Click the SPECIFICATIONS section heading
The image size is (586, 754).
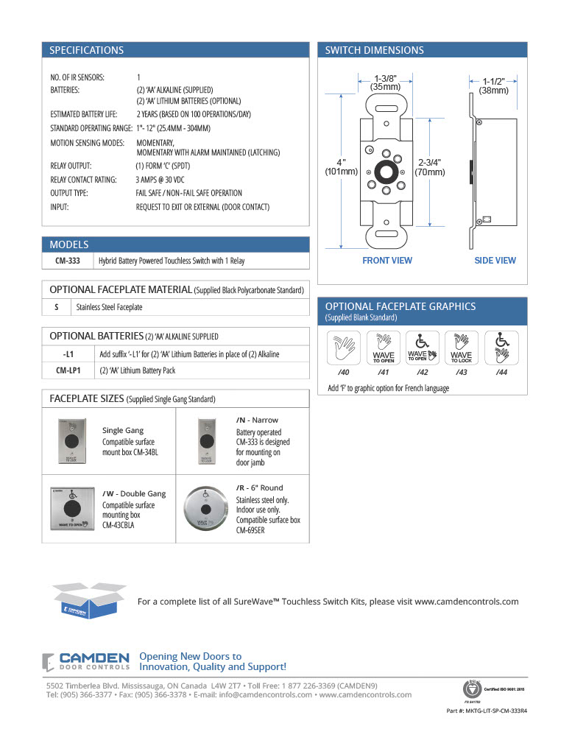(86, 51)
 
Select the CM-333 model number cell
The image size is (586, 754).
(68, 261)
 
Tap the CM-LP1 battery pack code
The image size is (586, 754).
(68, 370)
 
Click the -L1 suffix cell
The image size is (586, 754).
(68, 354)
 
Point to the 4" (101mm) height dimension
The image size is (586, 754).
(341, 166)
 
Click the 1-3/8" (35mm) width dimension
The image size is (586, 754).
(386, 82)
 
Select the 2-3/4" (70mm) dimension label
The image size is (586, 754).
(429, 166)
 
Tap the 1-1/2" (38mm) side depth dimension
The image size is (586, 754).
(494, 85)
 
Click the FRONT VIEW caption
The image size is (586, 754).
(387, 261)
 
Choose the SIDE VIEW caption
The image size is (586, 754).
(495, 261)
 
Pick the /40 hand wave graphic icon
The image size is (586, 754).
(344, 347)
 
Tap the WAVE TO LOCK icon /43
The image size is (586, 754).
(462, 347)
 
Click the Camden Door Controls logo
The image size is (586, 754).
(86, 661)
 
